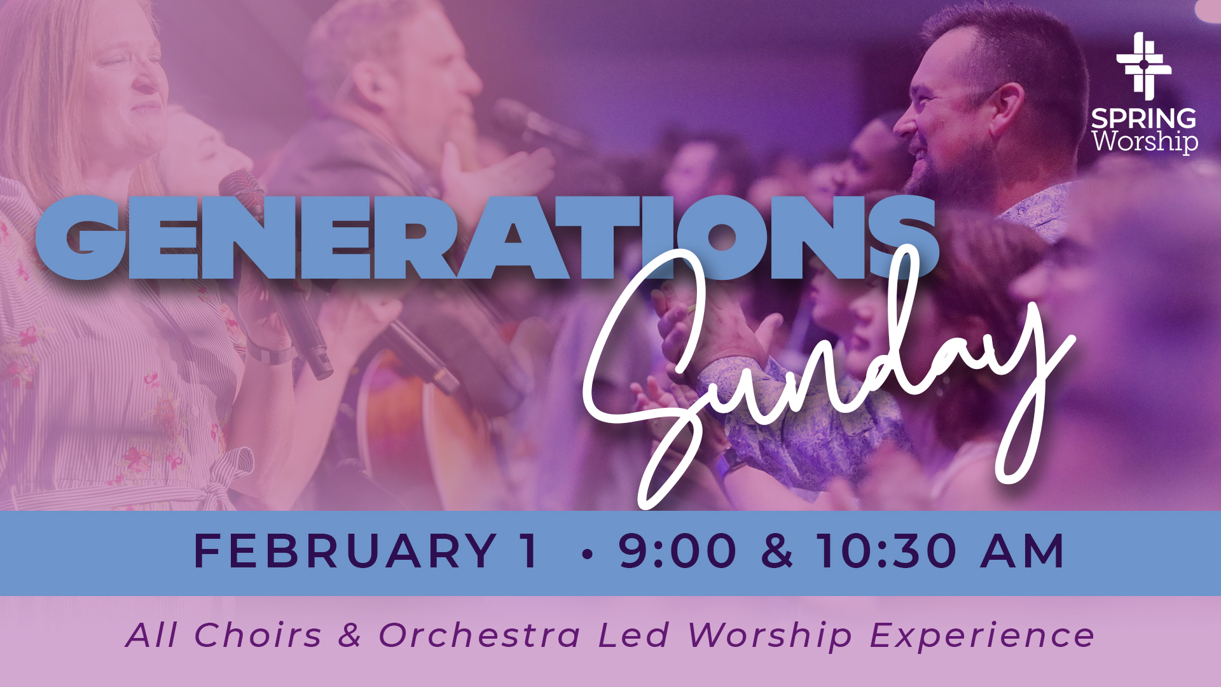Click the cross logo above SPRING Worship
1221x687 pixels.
point(1143,66)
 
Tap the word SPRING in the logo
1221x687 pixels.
point(1143,119)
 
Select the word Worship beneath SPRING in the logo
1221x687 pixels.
point(1145,141)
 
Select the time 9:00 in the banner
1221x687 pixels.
point(677,551)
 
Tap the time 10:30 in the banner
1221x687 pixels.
point(886,551)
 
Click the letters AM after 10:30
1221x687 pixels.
point(1021,551)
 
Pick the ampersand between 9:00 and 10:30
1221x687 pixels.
point(776,551)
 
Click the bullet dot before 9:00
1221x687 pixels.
point(587,554)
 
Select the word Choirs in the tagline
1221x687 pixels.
point(258,635)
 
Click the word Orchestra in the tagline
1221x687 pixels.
point(480,635)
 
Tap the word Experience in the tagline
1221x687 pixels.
point(982,635)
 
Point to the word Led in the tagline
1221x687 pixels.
point(633,635)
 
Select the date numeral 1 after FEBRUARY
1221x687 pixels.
point(528,551)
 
